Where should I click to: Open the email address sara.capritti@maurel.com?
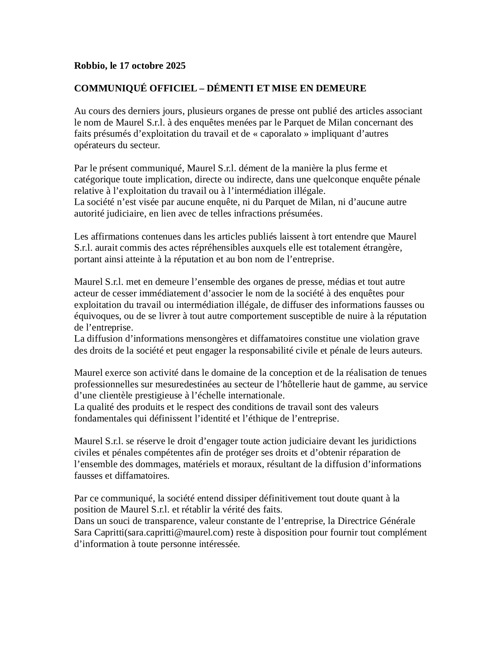179,533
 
